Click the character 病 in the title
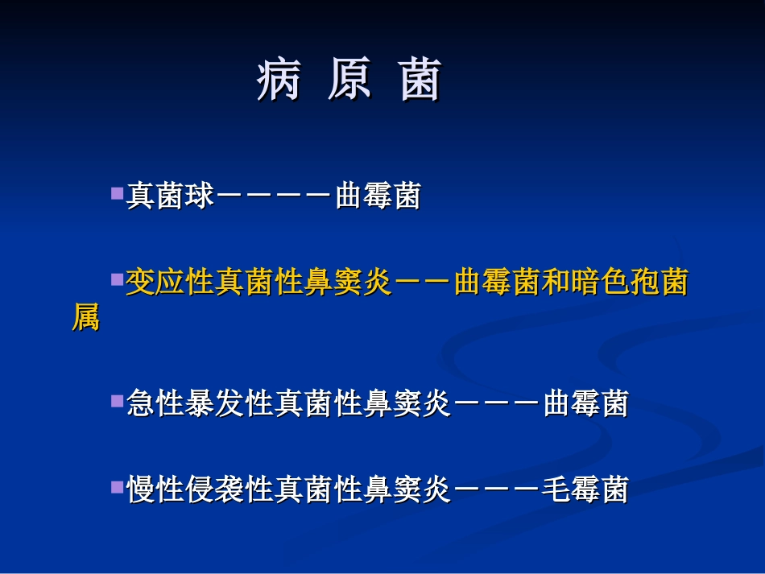pyautogui.click(x=279, y=81)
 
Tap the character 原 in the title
pyautogui.click(x=349, y=81)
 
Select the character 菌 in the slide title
pyautogui.click(x=421, y=81)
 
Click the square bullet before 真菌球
pyautogui.click(x=117, y=194)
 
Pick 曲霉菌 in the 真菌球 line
pyautogui.click(x=378, y=196)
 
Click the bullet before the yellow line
pyautogui.click(x=117, y=280)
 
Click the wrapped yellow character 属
pyautogui.click(x=85, y=319)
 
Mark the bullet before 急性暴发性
pyautogui.click(x=117, y=400)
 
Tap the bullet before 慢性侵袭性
pyautogui.click(x=117, y=486)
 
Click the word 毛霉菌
pyautogui.click(x=585, y=489)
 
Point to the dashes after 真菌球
pyautogui.click(x=275, y=196)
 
